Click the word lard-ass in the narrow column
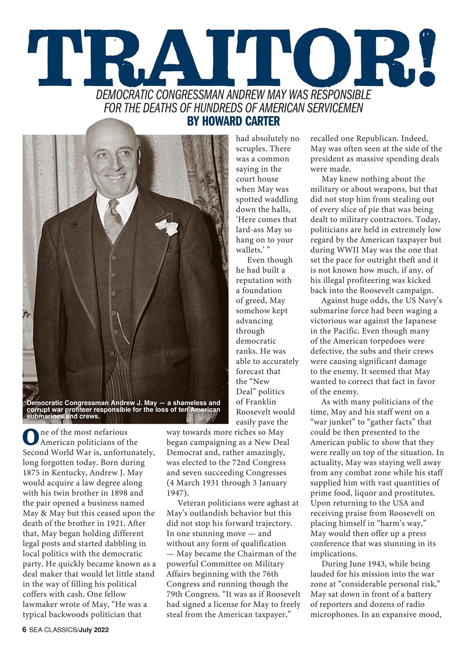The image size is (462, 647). tap(253, 229)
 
